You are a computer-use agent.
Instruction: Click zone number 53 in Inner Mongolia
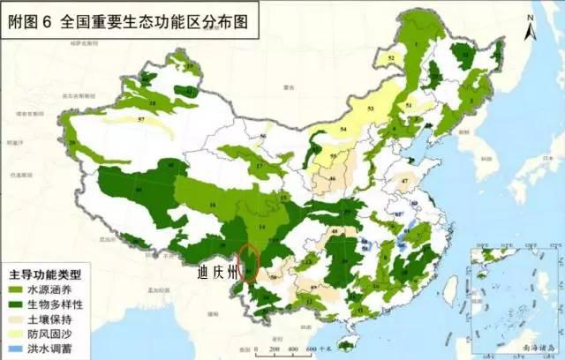point(371,109)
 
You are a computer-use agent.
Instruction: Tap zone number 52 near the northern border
point(391,57)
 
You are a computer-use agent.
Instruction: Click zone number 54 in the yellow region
point(343,130)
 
